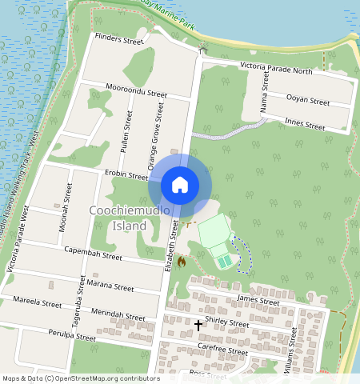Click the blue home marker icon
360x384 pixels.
(x=180, y=185)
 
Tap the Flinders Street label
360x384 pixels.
(x=118, y=39)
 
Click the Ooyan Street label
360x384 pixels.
(x=308, y=102)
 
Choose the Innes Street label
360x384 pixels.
(x=305, y=126)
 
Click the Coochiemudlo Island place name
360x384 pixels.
(x=118, y=218)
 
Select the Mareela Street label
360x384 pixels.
(x=37, y=302)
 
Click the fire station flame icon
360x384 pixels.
(x=182, y=262)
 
